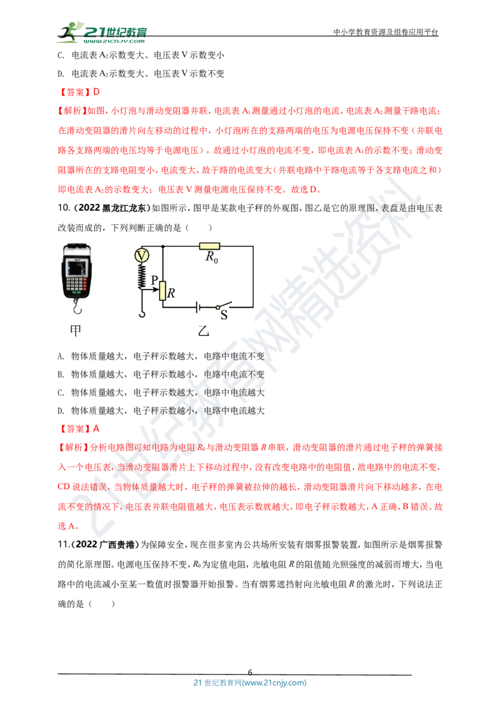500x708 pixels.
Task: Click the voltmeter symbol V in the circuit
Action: pyautogui.click(x=142, y=256)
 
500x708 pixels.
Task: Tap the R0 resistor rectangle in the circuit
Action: pyautogui.click(x=209, y=246)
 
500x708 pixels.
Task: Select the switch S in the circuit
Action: pyautogui.click(x=224, y=305)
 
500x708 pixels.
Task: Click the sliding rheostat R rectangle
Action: pyautogui.click(x=162, y=290)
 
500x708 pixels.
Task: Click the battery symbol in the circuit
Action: pyautogui.click(x=197, y=308)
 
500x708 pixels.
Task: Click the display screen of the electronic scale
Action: pyautogui.click(x=76, y=269)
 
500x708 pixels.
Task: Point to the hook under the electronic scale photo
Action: pyautogui.click(x=77, y=308)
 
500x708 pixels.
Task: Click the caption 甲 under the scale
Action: pyautogui.click(x=76, y=331)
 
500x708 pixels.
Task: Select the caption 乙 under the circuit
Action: pyautogui.click(x=204, y=331)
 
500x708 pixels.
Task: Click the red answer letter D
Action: pyautogui.click(x=96, y=92)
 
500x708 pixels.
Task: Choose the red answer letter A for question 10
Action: pyautogui.click(x=96, y=429)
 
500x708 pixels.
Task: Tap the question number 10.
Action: pyautogui.click(x=64, y=208)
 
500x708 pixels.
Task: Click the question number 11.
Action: pyautogui.click(x=64, y=545)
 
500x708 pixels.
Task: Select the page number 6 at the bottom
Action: pyautogui.click(x=250, y=672)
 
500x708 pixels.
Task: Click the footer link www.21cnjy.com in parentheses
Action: pyautogui.click(x=274, y=683)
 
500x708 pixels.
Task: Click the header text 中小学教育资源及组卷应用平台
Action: pyautogui.click(x=386, y=32)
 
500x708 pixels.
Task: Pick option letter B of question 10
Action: pyautogui.click(x=61, y=374)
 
